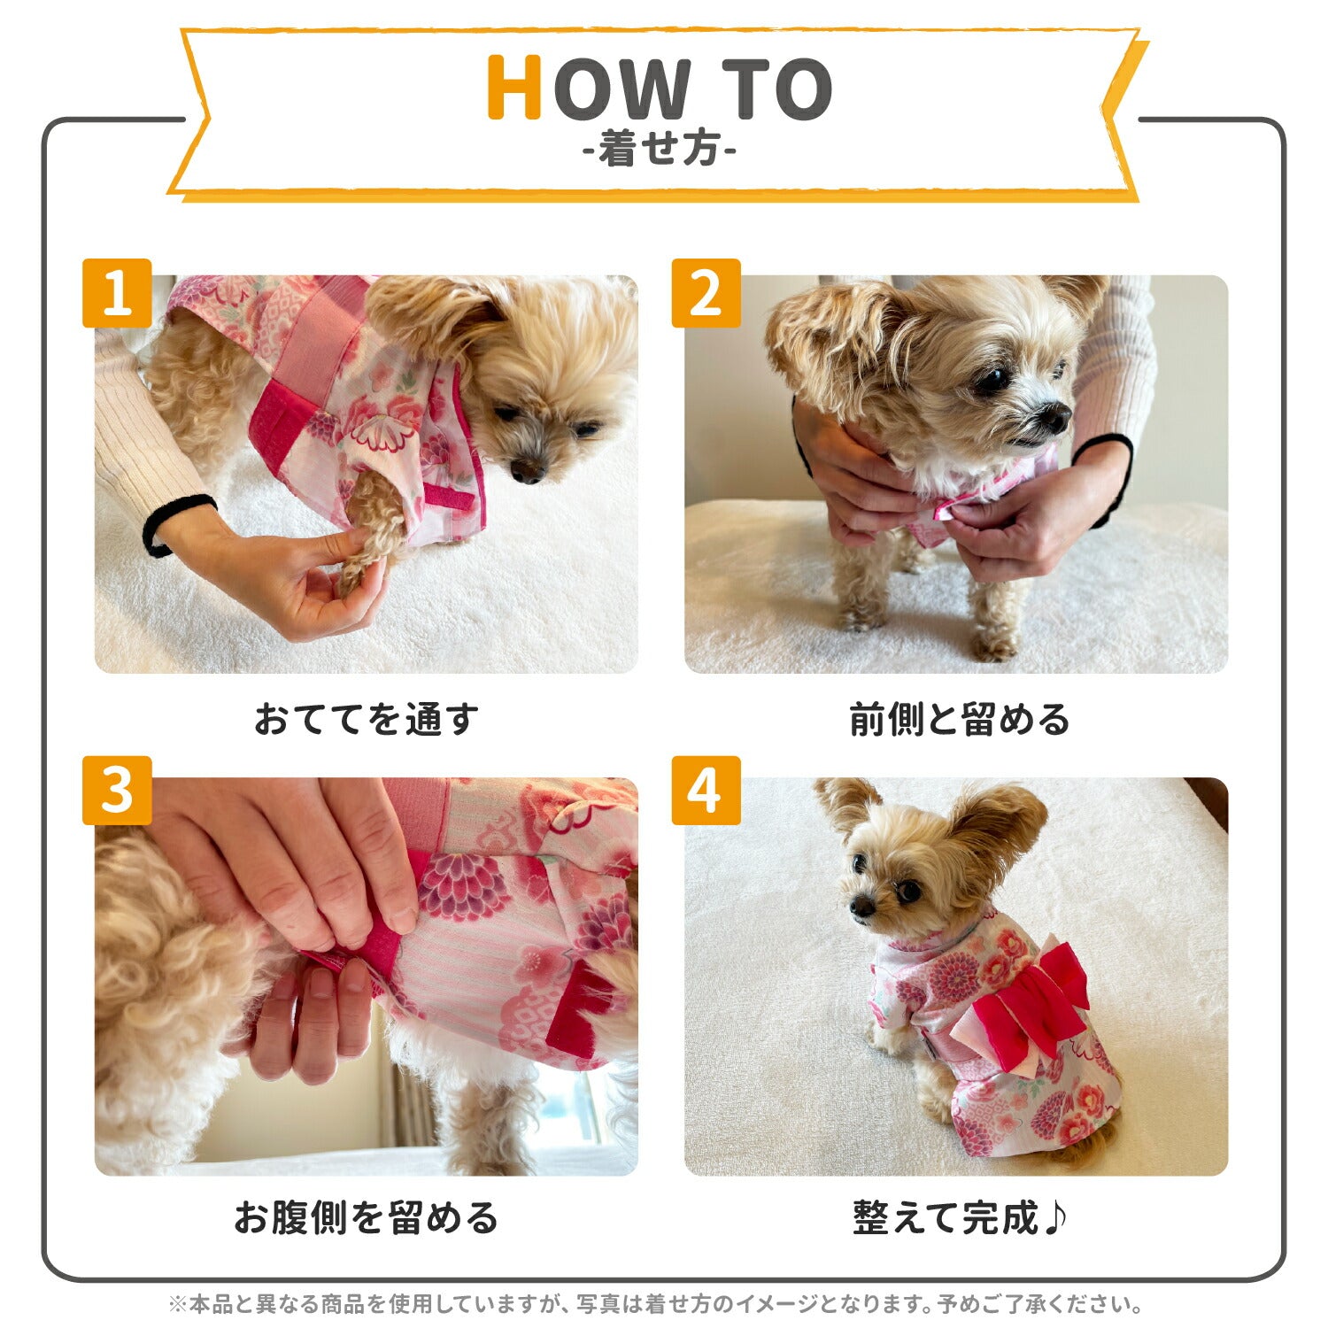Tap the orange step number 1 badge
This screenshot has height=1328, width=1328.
[117, 293]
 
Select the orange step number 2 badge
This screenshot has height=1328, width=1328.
[706, 293]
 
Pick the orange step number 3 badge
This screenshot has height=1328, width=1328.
[117, 791]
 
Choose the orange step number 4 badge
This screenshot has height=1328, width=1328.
[706, 791]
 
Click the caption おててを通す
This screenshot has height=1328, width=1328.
[367, 719]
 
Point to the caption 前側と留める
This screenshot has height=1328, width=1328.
[960, 719]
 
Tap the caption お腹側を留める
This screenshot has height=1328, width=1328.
[367, 1217]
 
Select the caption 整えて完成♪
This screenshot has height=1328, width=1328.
[960, 1217]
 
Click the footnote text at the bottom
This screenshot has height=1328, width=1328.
[656, 1304]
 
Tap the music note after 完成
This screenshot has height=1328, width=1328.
[1054, 1217]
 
